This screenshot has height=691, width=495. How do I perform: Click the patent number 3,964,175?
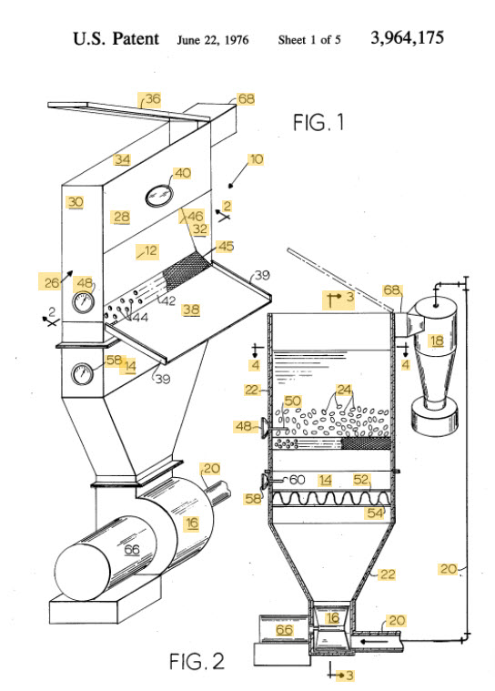tap(408, 39)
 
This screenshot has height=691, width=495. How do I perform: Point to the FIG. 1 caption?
tap(319, 122)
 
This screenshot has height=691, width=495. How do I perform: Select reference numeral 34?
tap(122, 159)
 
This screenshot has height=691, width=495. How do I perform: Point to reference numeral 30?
tap(76, 202)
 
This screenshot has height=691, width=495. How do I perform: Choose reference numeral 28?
tap(122, 216)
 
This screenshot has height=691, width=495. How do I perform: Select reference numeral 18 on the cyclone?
tap(436, 340)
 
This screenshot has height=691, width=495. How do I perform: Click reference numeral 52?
tap(362, 479)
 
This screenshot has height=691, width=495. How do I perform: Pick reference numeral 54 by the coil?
tap(375, 514)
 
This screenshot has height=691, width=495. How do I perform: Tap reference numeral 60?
tap(297, 479)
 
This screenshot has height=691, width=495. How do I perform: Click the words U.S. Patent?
tap(116, 39)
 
